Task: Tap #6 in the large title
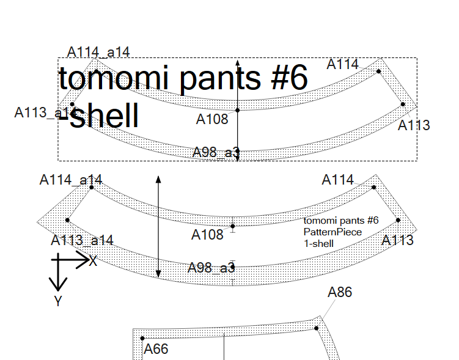282,79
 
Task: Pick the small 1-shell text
318,243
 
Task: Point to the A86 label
340,292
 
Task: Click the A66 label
155,350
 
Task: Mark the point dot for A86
317,328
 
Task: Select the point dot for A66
142,338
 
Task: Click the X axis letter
93,261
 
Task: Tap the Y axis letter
58,301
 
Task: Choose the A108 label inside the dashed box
212,119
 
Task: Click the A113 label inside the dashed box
414,126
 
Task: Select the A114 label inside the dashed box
343,64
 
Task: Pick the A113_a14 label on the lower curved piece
82,240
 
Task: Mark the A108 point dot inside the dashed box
238,110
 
